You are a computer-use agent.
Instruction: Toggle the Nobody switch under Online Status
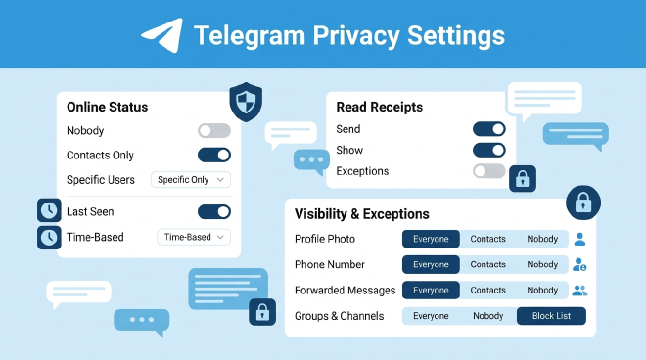[214, 130]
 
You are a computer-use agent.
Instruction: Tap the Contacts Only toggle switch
[214, 155]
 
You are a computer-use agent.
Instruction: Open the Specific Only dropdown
[190, 180]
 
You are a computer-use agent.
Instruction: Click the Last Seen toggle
[214, 211]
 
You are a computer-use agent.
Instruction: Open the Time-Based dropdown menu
[194, 237]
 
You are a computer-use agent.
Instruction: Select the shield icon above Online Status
[246, 102]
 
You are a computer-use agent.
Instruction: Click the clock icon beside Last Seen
[49, 210]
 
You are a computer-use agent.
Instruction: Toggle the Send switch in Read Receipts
[489, 129]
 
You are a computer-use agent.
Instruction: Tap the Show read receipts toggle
[489, 150]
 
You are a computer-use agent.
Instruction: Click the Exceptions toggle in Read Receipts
[489, 171]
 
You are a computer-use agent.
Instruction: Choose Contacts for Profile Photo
[487, 239]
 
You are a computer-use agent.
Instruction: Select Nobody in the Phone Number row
[542, 264]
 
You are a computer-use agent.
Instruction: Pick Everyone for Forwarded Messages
[431, 290]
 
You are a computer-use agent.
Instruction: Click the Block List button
[551, 316]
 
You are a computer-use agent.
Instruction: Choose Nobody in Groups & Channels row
[487, 316]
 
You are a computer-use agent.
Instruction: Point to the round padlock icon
[583, 202]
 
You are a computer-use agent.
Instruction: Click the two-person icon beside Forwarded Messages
[579, 291]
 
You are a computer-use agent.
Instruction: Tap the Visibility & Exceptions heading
[362, 214]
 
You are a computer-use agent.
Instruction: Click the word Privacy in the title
[356, 36]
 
